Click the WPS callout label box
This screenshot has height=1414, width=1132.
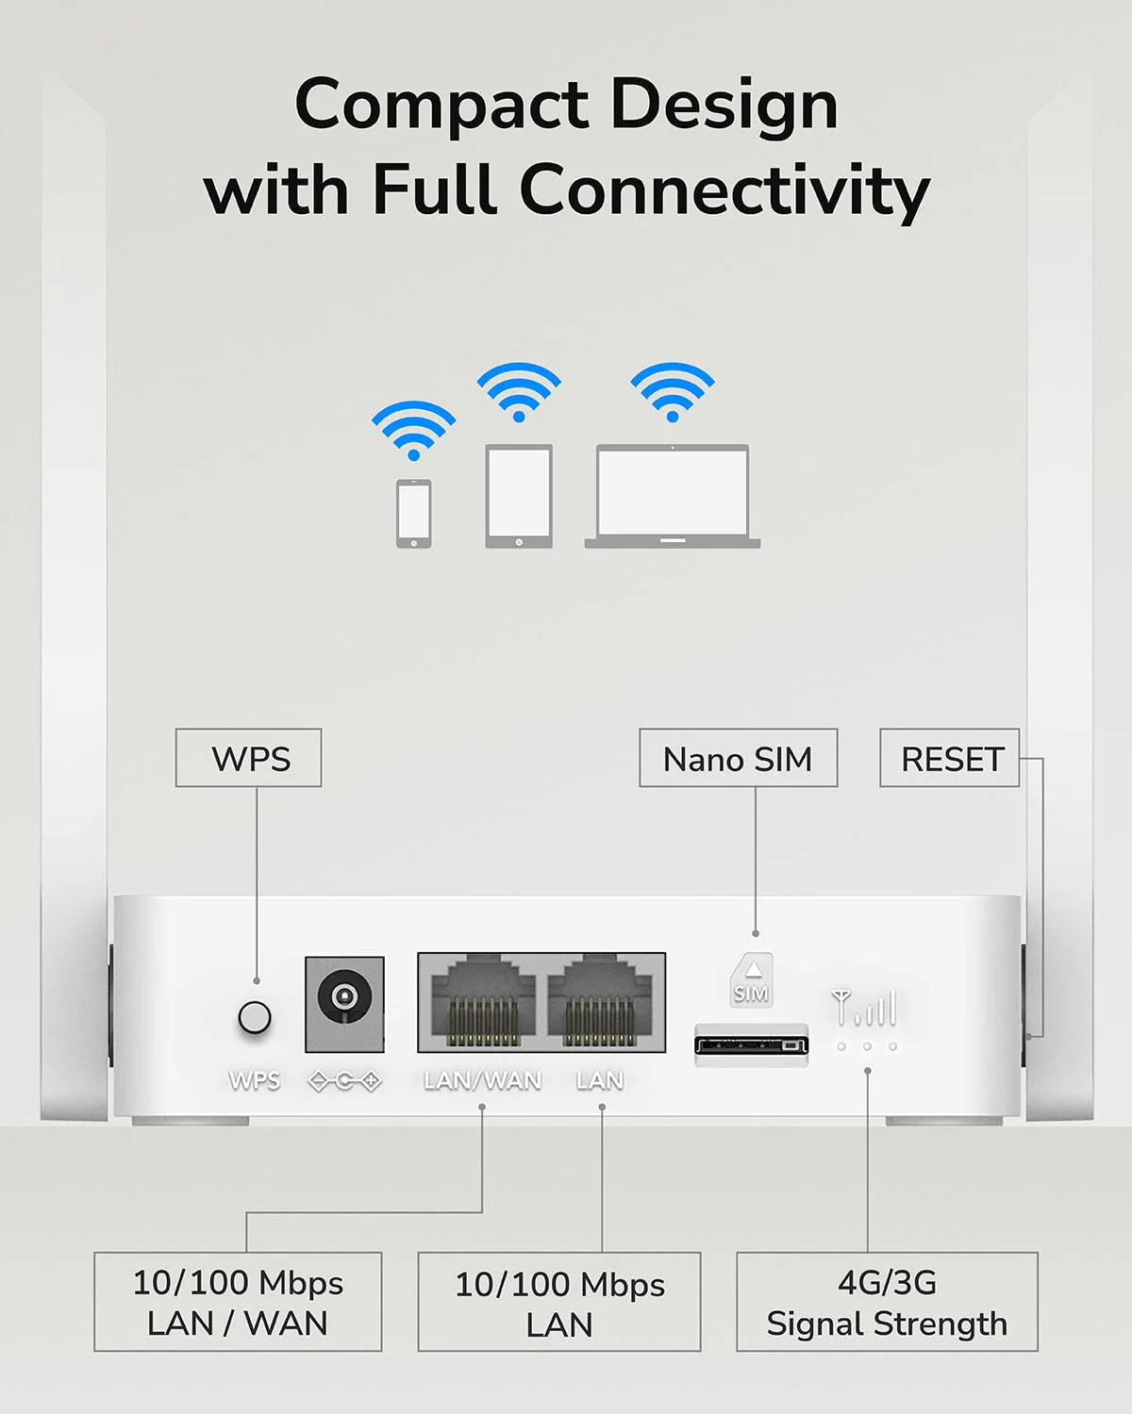[249, 758]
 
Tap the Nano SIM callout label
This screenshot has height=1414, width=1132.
[738, 758]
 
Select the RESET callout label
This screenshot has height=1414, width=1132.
[949, 758]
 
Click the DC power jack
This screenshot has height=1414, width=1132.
[344, 1004]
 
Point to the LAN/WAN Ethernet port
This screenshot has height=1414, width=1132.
[483, 1003]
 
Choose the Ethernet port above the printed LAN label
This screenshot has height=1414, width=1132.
[600, 1003]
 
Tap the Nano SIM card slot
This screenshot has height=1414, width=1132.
[752, 1044]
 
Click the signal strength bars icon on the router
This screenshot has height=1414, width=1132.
[864, 1007]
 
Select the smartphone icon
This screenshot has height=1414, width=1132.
[414, 514]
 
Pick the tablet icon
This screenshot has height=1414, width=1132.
[519, 497]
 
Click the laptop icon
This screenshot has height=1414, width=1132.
[673, 497]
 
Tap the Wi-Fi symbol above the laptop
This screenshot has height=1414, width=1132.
[673, 391]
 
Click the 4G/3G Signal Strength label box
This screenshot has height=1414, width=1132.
[888, 1302]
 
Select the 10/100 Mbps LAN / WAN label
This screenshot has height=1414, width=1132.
[238, 1302]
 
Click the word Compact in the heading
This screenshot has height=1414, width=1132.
[441, 107]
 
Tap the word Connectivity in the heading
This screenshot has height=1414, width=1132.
[724, 191]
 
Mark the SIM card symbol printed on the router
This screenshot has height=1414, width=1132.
[751, 979]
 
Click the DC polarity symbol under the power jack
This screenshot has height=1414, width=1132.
[344, 1081]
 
